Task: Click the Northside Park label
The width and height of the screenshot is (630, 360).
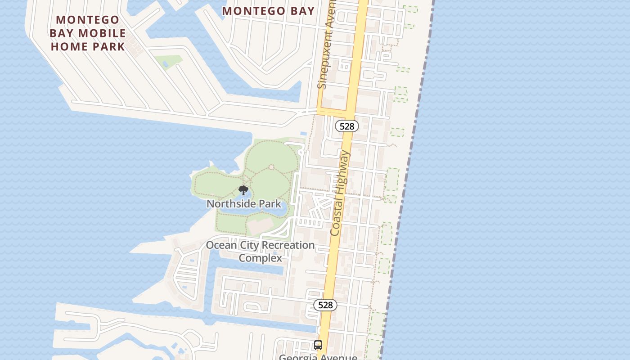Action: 243,204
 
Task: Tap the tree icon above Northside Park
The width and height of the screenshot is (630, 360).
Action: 243,190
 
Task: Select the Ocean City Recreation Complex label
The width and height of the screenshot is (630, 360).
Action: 260,252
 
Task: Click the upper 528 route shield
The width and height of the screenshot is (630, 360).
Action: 346,126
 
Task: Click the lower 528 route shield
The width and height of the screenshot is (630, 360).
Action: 325,305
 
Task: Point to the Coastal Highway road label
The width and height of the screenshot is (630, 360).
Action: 340,193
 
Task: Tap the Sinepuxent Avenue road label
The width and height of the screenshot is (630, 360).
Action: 327,45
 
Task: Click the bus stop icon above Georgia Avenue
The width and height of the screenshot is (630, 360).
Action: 318,345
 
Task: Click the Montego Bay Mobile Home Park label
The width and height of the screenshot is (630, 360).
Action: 88,33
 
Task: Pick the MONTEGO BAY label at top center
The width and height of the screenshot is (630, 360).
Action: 268,11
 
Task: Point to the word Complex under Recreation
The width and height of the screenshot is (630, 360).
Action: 260,258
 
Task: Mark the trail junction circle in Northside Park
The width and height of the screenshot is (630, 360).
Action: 271,167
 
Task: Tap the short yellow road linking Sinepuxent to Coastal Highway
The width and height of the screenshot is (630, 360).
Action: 333,111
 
